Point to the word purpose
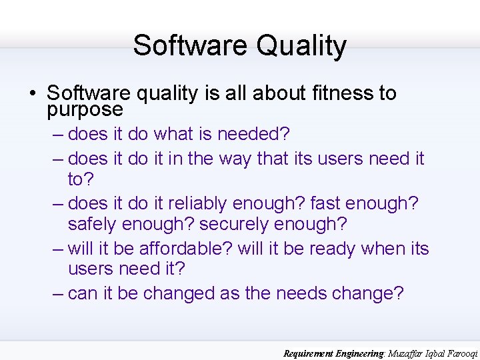85,109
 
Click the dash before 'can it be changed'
58,293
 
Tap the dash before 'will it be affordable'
58,249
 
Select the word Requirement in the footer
311,353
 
